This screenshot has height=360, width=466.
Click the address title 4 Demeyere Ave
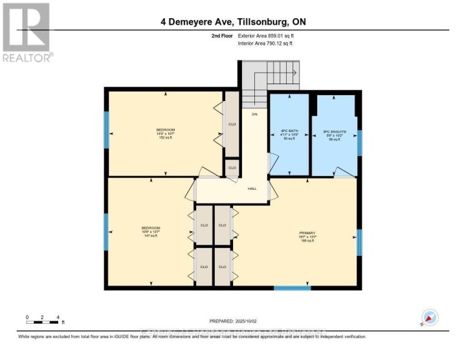pyautogui.click(x=233, y=21)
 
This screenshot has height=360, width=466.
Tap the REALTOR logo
pyautogui.click(x=27, y=32)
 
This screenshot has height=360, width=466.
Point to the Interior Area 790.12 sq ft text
pyautogui.click(x=265, y=43)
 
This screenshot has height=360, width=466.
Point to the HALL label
pyautogui.click(x=252, y=188)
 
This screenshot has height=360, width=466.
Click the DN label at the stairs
pyautogui.click(x=255, y=114)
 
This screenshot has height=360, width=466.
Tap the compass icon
pyautogui.click(x=429, y=318)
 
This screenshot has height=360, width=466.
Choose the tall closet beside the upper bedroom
pyautogui.click(x=231, y=124)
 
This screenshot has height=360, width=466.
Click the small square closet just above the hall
pyautogui.click(x=232, y=168)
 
